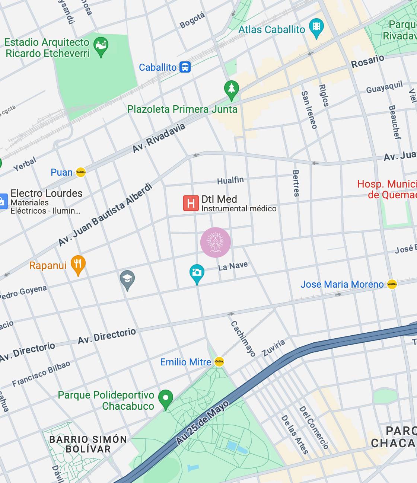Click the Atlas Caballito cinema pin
pos(316,27)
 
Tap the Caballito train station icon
pos(185,67)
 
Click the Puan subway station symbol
pos(81,172)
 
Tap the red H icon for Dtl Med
pos(191,203)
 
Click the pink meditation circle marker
pos(216,243)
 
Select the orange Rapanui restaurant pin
pos(78,264)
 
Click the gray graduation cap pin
pos(127,279)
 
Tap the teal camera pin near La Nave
pos(197,273)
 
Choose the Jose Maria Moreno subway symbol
pos(392,284)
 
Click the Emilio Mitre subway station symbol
pos(219,362)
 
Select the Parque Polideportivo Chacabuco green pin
pos(166,399)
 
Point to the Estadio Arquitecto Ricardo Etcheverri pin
pos(101,46)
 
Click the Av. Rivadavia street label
pos(159,138)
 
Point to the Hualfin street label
pos(230,180)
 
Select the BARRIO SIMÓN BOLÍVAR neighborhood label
pos(88,444)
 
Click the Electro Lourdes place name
pos(47,193)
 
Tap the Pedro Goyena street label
pos(23,292)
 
